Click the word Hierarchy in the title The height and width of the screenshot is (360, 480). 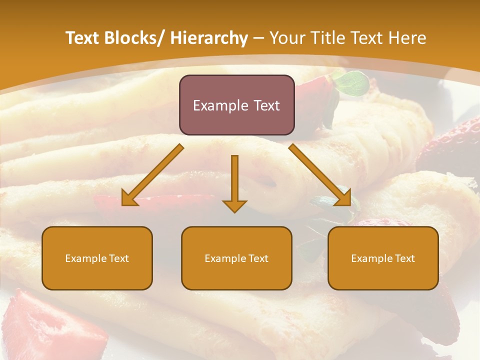(209, 38)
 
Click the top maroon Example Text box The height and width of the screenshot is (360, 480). (236, 105)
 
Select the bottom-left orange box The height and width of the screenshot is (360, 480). (97, 258)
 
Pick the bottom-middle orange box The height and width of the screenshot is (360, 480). (236, 258)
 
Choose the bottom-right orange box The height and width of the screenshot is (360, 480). (383, 258)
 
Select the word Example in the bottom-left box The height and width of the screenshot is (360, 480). (85, 258)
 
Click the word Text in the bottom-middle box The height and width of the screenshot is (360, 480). (257, 258)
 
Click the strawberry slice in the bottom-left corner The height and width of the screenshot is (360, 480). (45, 325)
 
